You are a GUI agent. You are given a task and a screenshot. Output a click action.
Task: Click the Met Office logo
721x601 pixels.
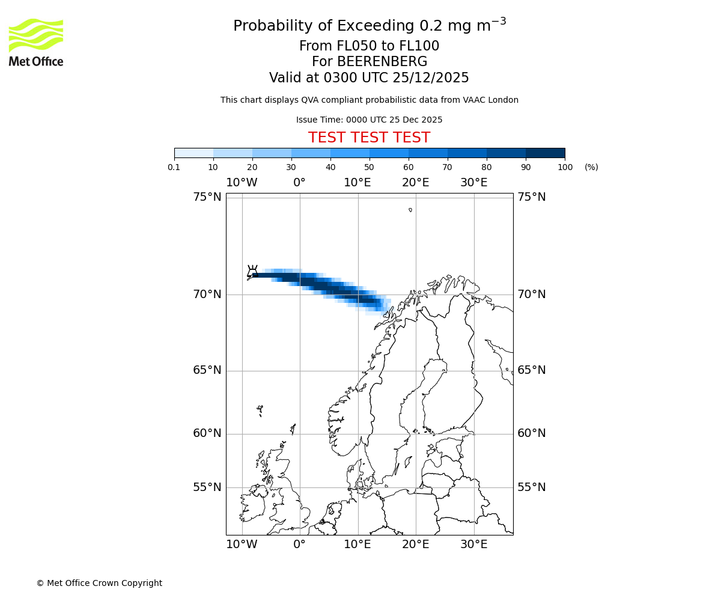pyautogui.click(x=36, y=42)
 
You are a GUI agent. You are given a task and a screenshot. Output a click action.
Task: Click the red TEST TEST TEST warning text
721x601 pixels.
pyautogui.click(x=369, y=138)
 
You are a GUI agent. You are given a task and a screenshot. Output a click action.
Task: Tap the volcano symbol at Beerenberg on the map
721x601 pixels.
pyautogui.click(x=253, y=271)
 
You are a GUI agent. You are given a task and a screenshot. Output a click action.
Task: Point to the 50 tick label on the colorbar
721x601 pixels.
pyautogui.click(x=369, y=167)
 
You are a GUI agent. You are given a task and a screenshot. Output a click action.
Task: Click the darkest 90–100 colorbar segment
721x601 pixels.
pyautogui.click(x=545, y=153)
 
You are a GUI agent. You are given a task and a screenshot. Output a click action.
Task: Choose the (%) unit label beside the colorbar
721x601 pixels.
pyautogui.click(x=591, y=167)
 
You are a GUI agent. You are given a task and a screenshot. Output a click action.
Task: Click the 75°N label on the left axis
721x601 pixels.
pyautogui.click(x=207, y=197)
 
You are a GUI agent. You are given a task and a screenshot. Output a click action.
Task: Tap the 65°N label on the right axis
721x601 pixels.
pyautogui.click(x=532, y=370)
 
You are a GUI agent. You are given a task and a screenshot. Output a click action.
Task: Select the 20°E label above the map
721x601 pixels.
pyautogui.click(x=415, y=183)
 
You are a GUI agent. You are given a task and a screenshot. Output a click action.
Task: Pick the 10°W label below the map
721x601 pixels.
pyautogui.click(x=242, y=545)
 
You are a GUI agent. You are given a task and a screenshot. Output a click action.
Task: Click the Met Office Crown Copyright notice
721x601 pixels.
pyautogui.click(x=99, y=583)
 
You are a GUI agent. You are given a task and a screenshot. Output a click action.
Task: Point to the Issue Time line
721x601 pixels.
pyautogui.click(x=369, y=120)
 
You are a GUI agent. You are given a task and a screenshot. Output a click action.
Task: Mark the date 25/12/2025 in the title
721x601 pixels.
pyautogui.click(x=431, y=78)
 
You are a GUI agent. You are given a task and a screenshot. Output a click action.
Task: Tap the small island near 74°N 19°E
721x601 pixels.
pyautogui.click(x=410, y=210)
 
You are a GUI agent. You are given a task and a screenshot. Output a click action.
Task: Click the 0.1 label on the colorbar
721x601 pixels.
pyautogui.click(x=174, y=167)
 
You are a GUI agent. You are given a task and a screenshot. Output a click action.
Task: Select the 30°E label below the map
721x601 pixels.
pyautogui.click(x=473, y=545)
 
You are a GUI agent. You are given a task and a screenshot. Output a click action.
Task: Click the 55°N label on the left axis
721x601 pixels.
pyautogui.click(x=207, y=487)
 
